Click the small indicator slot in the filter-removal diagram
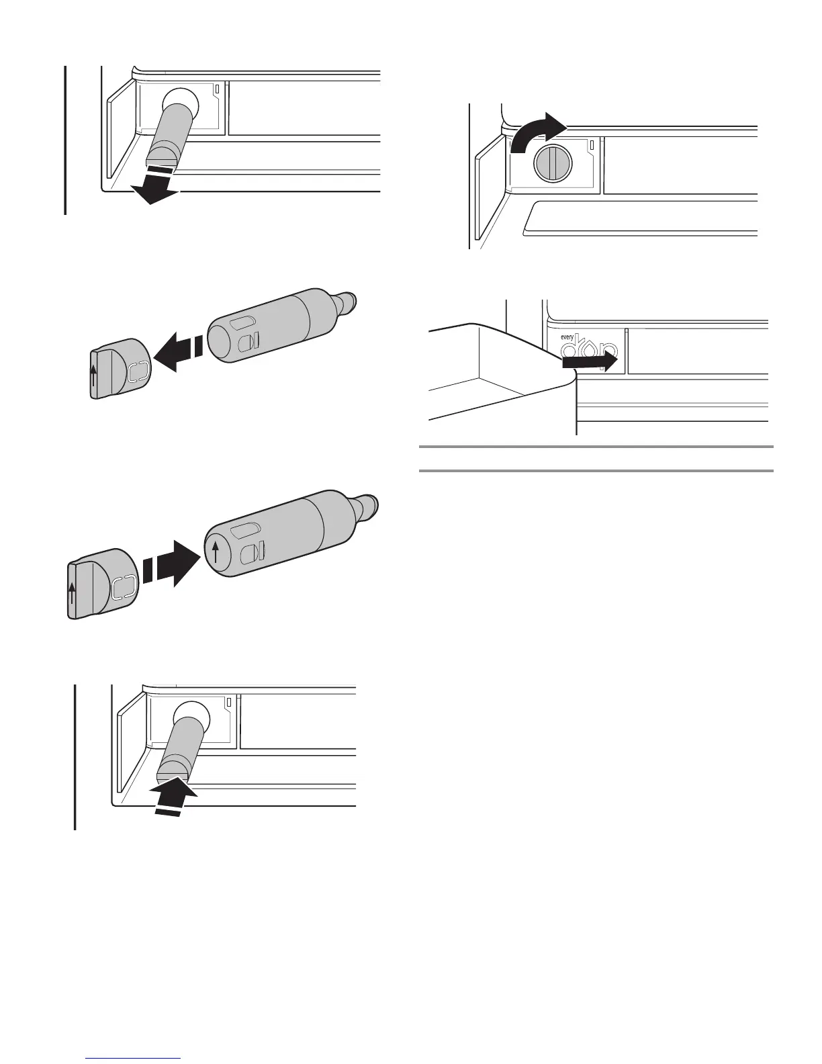[x=216, y=89]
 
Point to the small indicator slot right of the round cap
[x=592, y=144]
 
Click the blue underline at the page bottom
[x=134, y=1059]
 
